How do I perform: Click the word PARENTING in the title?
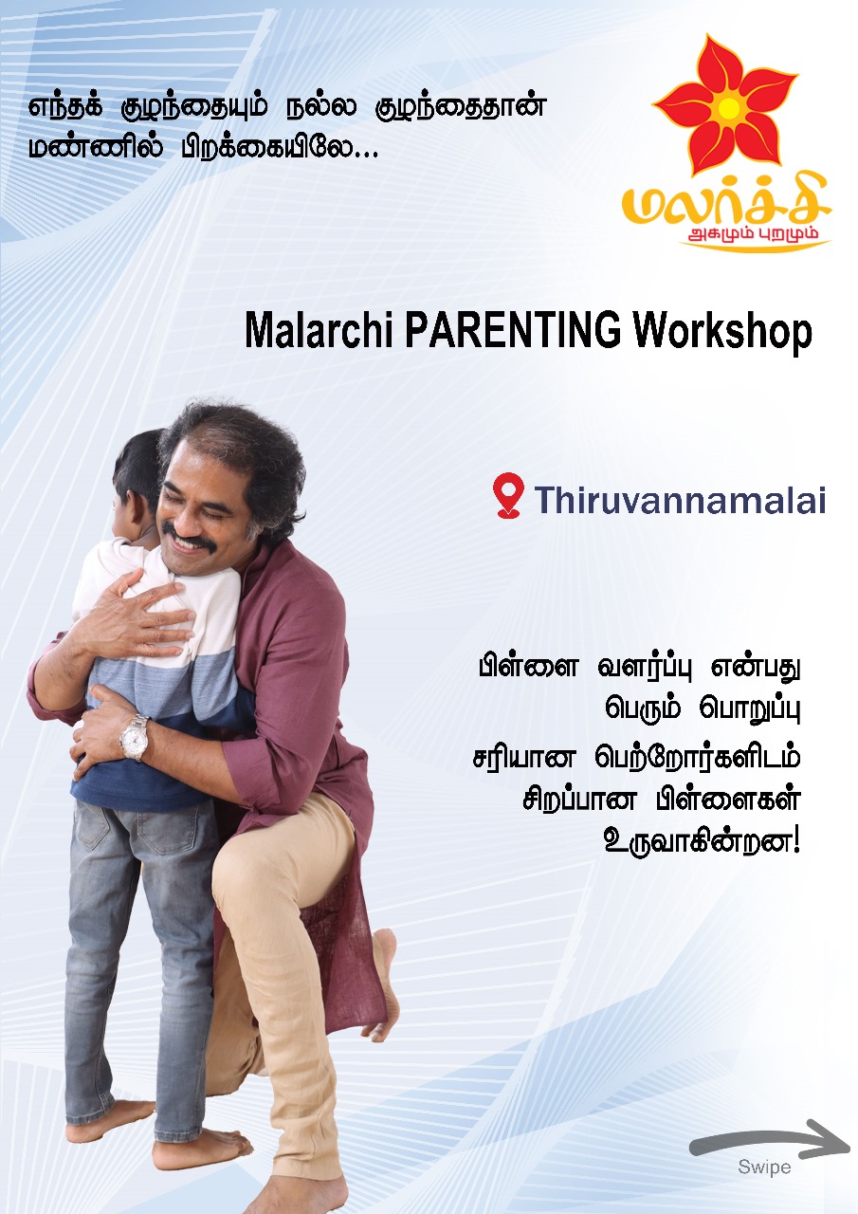coord(512,330)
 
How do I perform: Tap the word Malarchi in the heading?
coord(319,330)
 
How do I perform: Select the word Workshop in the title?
coord(722,332)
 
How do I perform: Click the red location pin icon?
coord(508,495)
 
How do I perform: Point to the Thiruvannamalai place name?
coord(680,500)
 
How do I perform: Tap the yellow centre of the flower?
coord(730,107)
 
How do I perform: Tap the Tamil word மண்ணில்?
coord(96,147)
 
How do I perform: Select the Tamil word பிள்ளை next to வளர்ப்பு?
coord(528,667)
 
